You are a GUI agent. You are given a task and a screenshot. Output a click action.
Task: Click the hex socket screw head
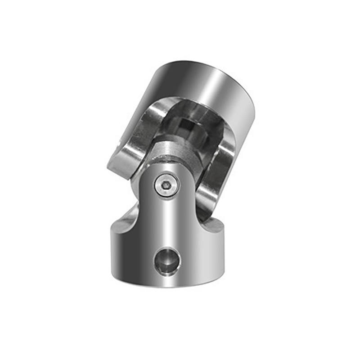(x=165, y=184)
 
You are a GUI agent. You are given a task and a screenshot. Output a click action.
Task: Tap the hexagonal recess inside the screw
(x=165, y=184)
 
